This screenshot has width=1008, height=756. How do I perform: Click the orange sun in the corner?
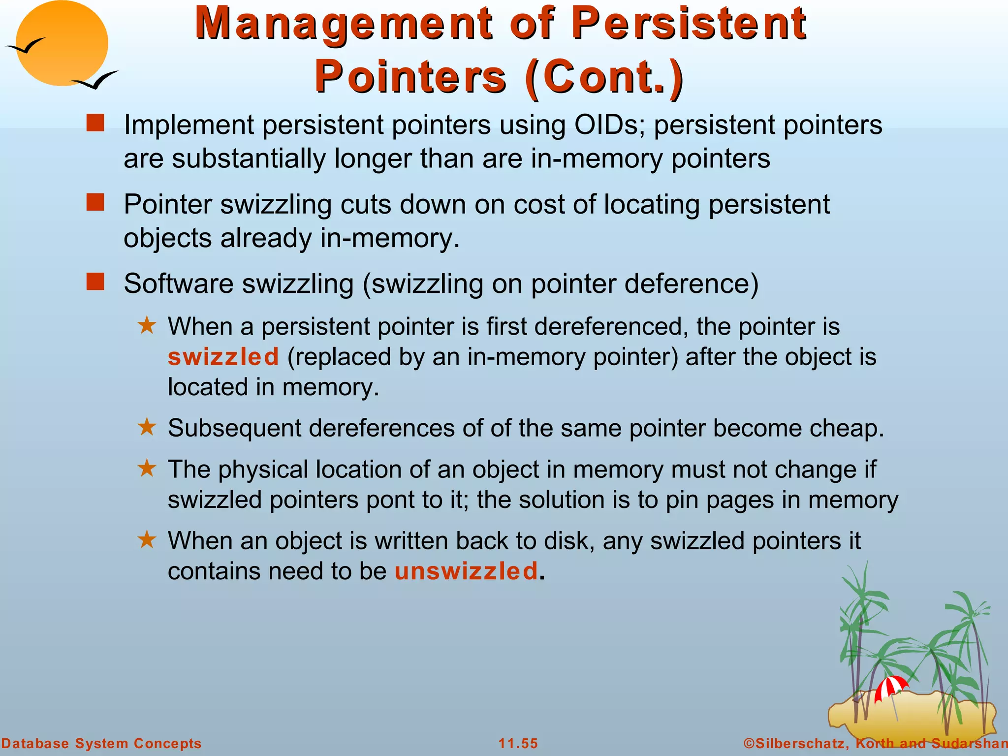(x=62, y=43)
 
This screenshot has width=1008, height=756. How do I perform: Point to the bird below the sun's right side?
(x=96, y=80)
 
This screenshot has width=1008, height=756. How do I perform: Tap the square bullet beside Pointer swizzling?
(x=95, y=202)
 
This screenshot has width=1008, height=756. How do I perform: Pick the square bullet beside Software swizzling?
(x=95, y=282)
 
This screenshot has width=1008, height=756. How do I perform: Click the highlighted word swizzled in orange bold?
(x=223, y=357)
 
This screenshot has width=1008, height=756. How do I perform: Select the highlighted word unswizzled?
(x=466, y=571)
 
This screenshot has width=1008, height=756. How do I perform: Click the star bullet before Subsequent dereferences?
(x=147, y=427)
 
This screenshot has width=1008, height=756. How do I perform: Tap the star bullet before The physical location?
(x=147, y=468)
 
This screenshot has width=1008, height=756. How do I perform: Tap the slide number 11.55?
(x=518, y=743)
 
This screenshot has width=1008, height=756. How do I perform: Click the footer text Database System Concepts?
(x=101, y=743)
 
